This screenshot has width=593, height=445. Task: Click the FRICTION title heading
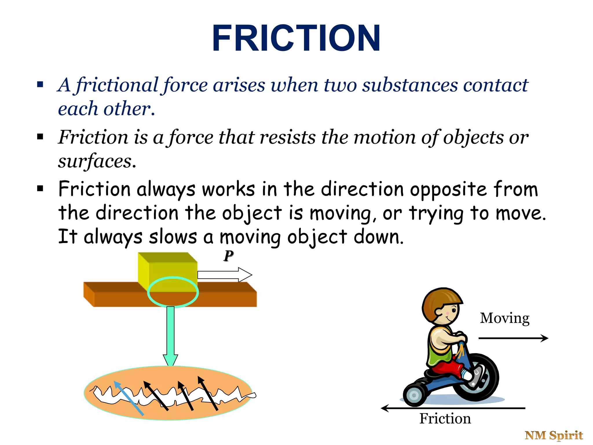click(x=296, y=38)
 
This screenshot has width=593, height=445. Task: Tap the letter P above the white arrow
click(x=228, y=256)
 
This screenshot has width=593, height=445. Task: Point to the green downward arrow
click(x=171, y=336)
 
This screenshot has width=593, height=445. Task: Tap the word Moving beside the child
click(x=505, y=318)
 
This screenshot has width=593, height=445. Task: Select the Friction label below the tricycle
click(x=445, y=419)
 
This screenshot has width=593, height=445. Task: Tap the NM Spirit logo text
click(x=554, y=435)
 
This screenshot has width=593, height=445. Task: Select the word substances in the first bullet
click(x=410, y=85)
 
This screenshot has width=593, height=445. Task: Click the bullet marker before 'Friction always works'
click(x=40, y=189)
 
